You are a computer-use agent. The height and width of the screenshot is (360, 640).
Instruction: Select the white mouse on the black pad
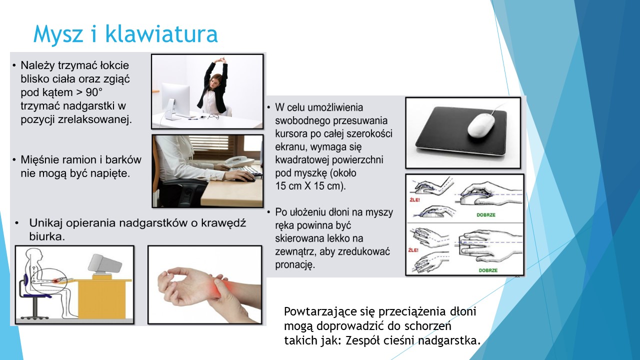(x=480, y=125)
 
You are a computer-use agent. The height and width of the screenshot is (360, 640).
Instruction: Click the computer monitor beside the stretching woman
(x=175, y=99)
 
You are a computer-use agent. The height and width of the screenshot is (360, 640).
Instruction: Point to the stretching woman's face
(x=214, y=81)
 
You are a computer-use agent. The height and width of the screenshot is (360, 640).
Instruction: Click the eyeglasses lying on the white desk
(x=213, y=116)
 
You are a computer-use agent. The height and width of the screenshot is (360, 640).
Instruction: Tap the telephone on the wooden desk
(x=239, y=161)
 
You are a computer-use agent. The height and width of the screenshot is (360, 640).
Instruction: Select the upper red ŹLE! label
(x=415, y=200)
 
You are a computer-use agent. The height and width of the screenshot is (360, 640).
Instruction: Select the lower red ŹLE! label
(x=413, y=250)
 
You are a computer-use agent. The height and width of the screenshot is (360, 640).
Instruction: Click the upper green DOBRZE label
(x=486, y=215)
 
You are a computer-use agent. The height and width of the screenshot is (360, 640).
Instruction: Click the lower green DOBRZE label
(x=488, y=270)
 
